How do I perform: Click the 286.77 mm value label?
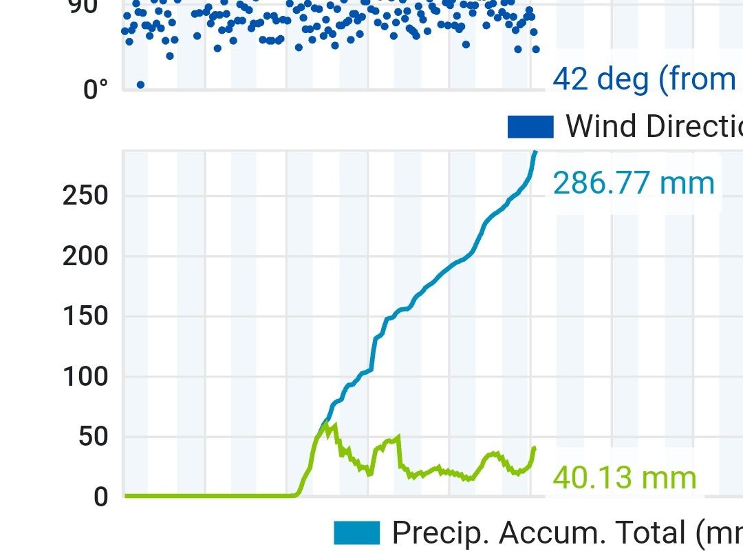633,184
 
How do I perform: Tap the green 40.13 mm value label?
624,477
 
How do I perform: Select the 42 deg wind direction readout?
644,79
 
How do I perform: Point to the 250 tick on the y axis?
85,196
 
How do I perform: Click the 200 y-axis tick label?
85,256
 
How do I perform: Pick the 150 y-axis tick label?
85,316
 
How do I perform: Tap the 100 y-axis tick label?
85,377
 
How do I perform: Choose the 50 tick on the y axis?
94,437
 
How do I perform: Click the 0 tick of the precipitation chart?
101,497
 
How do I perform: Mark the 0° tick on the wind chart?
96,90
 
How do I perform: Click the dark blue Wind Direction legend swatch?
530,127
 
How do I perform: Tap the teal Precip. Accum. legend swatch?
356,533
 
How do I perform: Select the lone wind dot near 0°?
140,85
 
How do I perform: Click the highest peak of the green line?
335,424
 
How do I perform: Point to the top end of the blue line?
535,152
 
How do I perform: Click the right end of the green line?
534,448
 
